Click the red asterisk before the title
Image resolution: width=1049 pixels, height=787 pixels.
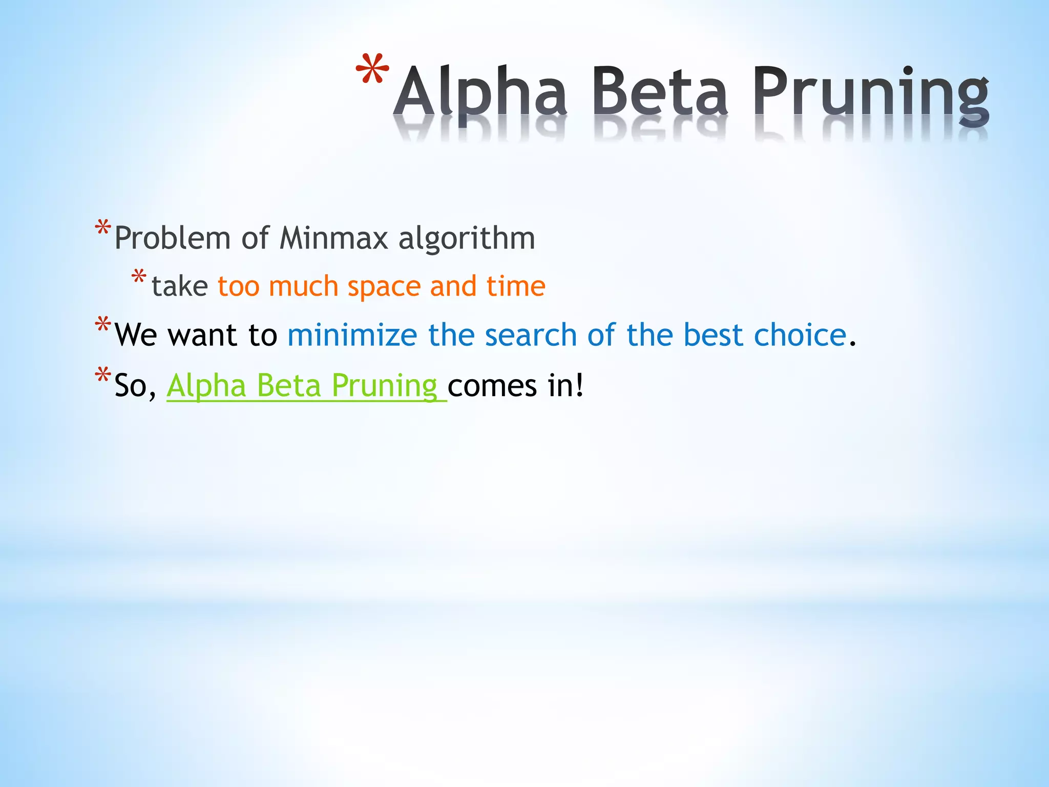coord(372,70)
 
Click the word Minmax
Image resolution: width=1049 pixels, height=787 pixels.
coord(333,238)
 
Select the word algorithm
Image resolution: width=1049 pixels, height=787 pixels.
coord(467,238)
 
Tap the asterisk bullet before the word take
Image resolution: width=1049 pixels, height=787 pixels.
coord(138,278)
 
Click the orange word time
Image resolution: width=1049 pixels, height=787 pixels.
coord(516,286)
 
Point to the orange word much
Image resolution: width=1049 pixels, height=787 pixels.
coord(303,286)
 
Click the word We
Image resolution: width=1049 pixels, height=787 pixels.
coord(136,335)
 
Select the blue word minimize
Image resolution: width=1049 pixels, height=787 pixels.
coord(352,335)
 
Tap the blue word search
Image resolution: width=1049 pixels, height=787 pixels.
coord(531,335)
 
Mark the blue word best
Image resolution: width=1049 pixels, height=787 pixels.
coord(713,335)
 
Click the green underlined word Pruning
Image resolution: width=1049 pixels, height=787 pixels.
coord(384,386)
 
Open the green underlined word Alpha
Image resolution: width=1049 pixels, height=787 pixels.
coord(206,385)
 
